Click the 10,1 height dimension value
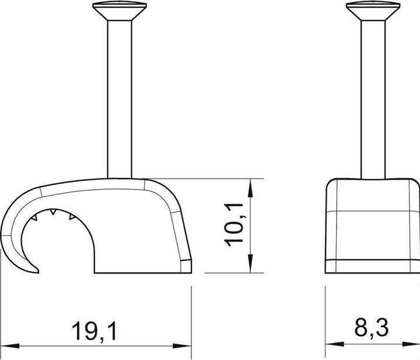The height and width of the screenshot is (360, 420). [235, 225]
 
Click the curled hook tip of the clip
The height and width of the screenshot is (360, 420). [33, 270]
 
